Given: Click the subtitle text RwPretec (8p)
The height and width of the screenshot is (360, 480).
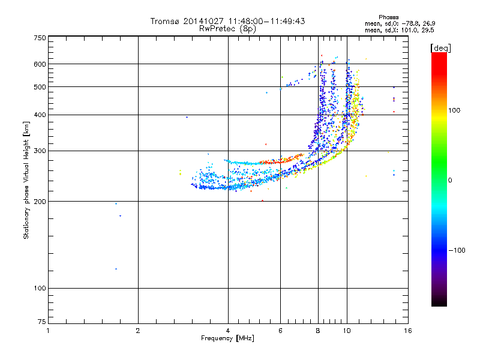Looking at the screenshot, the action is pyautogui.click(x=227, y=29).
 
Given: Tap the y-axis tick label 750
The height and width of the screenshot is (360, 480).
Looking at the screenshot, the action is pyautogui.click(x=40, y=38).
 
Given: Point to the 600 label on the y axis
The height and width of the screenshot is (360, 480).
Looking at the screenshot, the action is pyautogui.click(x=40, y=64).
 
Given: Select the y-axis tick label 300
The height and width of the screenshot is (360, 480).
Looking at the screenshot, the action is pyautogui.click(x=40, y=151).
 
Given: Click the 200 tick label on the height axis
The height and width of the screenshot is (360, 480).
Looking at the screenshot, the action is pyautogui.click(x=40, y=202).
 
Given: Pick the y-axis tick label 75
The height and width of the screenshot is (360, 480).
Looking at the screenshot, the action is pyautogui.click(x=42, y=322).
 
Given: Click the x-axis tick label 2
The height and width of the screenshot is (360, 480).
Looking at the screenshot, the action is pyautogui.click(x=138, y=331).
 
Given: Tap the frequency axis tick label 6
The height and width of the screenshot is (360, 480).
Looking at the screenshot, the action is pyautogui.click(x=280, y=331).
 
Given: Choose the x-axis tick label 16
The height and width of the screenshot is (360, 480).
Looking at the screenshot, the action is pyautogui.click(x=408, y=331).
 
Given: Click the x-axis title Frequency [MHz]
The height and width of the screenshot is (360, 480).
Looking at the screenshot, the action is pyautogui.click(x=227, y=338).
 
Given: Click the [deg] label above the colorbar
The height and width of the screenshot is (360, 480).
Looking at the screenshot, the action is pyautogui.click(x=440, y=48).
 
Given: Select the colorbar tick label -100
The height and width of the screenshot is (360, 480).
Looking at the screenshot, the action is pyautogui.click(x=457, y=250).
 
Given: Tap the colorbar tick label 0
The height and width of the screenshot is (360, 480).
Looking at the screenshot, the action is pyautogui.click(x=450, y=181).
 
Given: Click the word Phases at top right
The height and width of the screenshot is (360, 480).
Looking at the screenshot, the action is pyautogui.click(x=388, y=17).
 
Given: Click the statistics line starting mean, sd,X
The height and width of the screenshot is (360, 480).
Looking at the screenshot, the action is pyautogui.click(x=400, y=31).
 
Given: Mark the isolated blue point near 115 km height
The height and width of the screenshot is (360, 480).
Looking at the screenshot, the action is pyautogui.click(x=116, y=269).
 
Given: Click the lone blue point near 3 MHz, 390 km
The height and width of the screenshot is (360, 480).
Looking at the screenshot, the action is pyautogui.click(x=187, y=117).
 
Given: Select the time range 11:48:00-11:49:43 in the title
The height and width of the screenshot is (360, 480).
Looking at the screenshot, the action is pyautogui.click(x=266, y=21).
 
